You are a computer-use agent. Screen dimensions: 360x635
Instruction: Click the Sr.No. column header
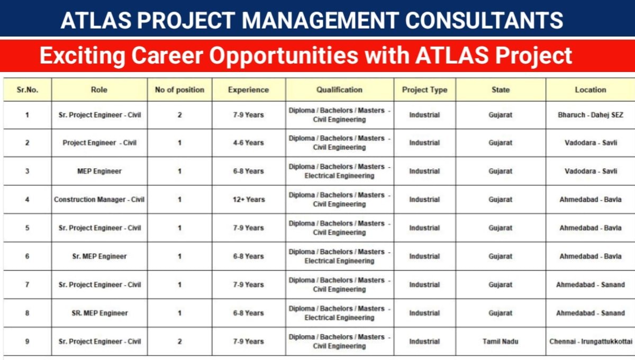tap(28, 90)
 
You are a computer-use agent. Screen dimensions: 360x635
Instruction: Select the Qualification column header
tap(339, 90)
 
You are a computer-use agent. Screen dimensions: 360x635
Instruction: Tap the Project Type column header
tap(424, 90)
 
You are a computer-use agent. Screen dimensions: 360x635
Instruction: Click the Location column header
tap(590, 90)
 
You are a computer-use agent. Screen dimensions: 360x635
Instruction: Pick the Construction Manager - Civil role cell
tap(99, 200)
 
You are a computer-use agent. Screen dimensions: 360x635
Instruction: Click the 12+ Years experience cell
tap(248, 200)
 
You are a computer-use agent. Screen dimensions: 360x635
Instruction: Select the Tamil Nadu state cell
tap(500, 341)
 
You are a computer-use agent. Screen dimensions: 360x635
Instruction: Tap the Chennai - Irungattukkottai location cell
tap(591, 341)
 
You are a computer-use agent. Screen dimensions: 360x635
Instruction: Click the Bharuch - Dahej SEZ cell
tap(590, 115)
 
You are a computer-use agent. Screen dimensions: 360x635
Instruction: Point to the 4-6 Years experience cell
tap(248, 143)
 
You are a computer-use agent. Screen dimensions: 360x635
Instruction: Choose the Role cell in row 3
tap(99, 171)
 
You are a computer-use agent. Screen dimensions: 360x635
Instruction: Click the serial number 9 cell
tap(28, 341)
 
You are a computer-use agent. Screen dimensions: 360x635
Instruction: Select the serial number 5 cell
tap(28, 228)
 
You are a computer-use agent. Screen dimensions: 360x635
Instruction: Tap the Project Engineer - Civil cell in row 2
tap(99, 143)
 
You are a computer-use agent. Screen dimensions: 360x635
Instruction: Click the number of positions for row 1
tap(179, 115)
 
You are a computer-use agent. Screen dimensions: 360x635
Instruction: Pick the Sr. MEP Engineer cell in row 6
tap(99, 256)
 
